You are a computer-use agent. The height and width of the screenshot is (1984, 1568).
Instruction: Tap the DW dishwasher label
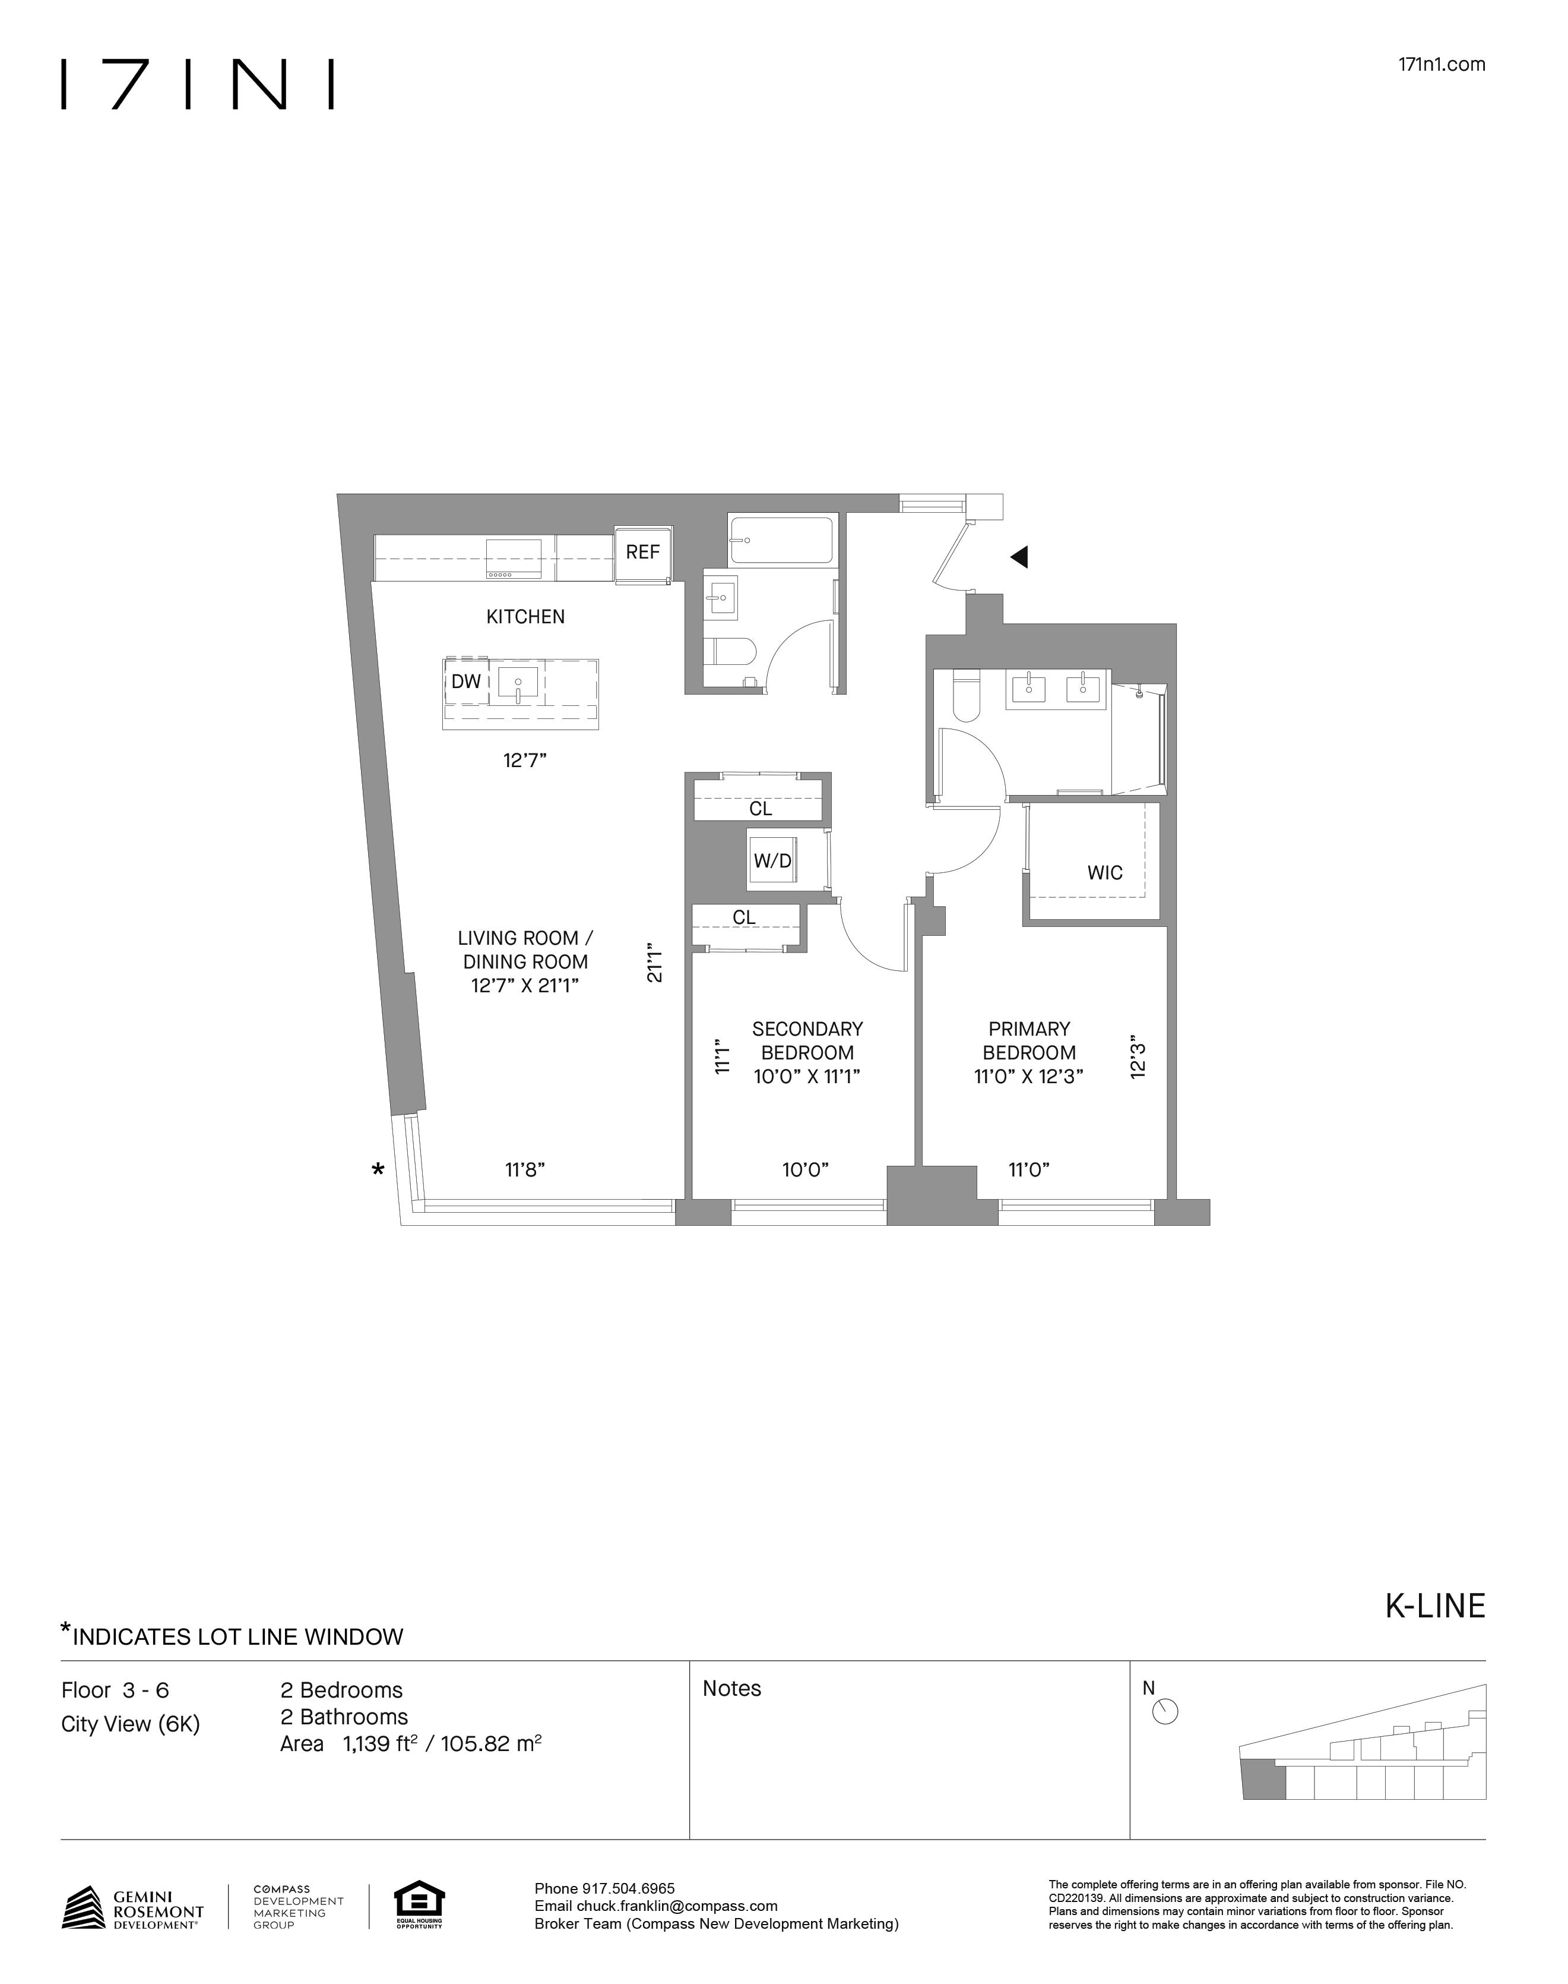(x=466, y=682)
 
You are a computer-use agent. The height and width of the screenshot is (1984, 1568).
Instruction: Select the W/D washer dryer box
(x=772, y=860)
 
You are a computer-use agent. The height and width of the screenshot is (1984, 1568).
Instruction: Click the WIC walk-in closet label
(x=1104, y=873)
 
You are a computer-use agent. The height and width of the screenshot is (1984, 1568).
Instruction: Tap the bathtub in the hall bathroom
(x=781, y=540)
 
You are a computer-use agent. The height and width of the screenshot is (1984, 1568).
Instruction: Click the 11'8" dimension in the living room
(x=525, y=1169)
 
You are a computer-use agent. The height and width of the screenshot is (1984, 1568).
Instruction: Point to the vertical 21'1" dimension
(x=654, y=961)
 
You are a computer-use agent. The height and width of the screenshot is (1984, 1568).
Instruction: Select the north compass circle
(x=1164, y=1712)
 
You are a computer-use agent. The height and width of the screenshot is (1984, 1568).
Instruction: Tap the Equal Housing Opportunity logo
(x=419, y=1905)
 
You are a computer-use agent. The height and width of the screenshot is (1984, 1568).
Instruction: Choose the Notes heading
(x=731, y=1688)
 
